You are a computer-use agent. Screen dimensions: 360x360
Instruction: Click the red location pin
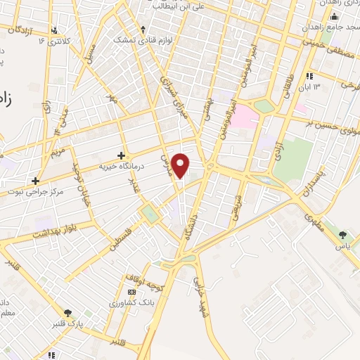click(181, 165)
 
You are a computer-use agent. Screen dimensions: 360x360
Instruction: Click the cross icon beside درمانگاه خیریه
click(121, 155)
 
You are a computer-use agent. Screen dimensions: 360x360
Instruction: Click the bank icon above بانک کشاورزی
click(131, 291)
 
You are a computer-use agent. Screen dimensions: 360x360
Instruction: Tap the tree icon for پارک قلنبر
click(67, 313)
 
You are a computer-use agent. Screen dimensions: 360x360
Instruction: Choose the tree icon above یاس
click(343, 235)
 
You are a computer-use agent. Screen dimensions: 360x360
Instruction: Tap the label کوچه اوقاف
click(144, 281)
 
